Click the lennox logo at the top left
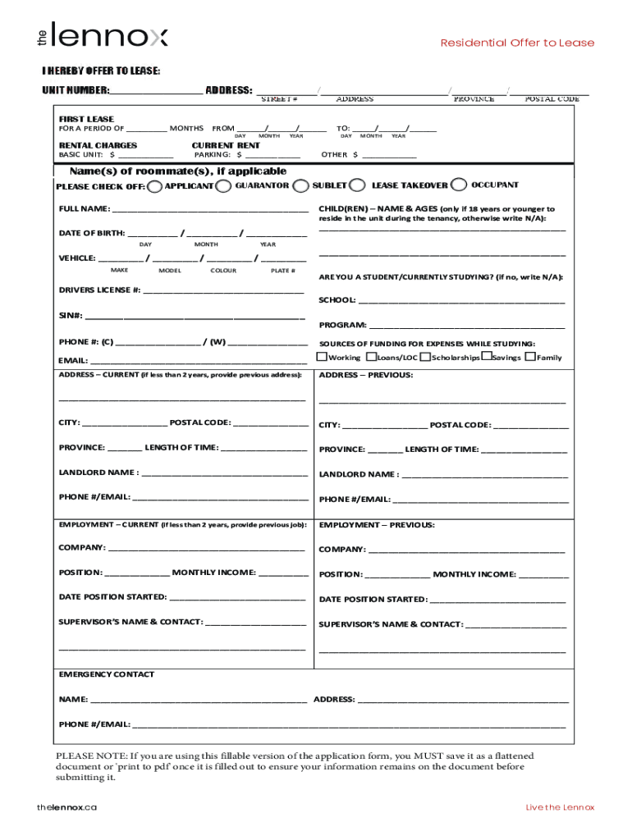[102, 37]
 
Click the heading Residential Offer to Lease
[517, 43]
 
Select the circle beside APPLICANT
[155, 186]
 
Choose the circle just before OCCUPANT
[460, 185]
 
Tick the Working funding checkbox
[323, 357]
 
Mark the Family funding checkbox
[530, 357]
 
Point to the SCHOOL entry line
[461, 300]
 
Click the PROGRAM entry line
[466, 325]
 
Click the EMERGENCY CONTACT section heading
[106, 674]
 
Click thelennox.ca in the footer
[66, 807]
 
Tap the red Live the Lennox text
[560, 807]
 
